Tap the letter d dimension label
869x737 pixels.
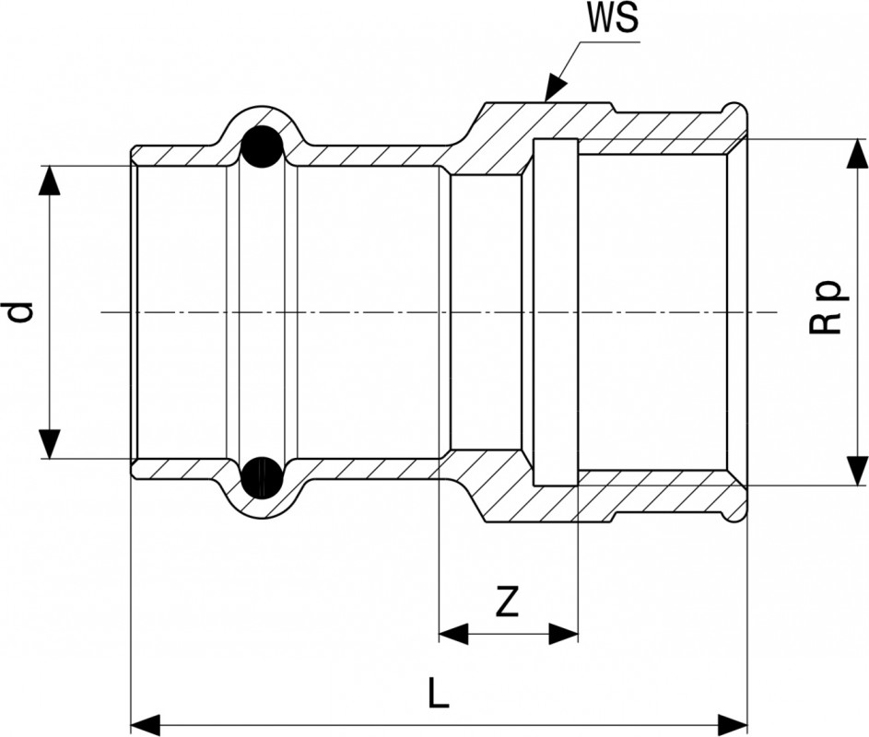tap(20, 311)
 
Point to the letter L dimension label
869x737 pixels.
tap(439, 691)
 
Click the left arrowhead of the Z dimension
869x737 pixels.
tap(452, 633)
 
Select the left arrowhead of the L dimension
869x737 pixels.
tap(146, 719)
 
